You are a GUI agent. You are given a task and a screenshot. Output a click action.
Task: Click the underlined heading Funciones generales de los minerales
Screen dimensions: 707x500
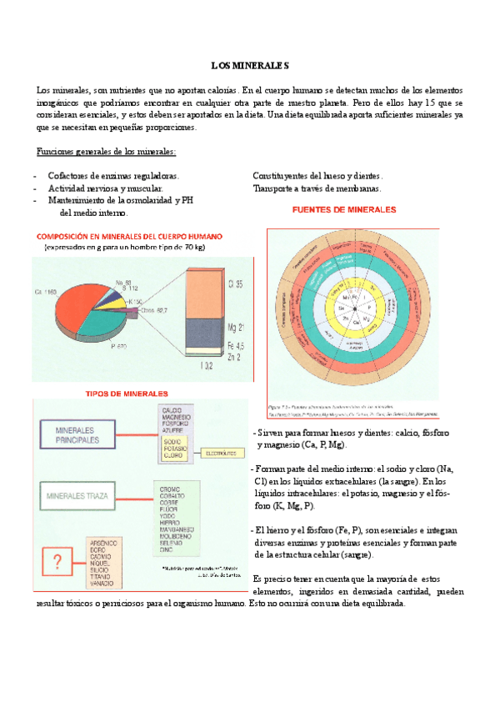(106, 152)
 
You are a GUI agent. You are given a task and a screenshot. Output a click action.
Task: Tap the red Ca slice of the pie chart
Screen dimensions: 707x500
(71, 300)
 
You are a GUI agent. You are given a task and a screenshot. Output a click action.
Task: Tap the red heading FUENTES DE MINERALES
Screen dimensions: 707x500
(342, 210)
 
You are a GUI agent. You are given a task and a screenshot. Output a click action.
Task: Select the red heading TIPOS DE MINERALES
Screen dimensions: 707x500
(127, 393)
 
